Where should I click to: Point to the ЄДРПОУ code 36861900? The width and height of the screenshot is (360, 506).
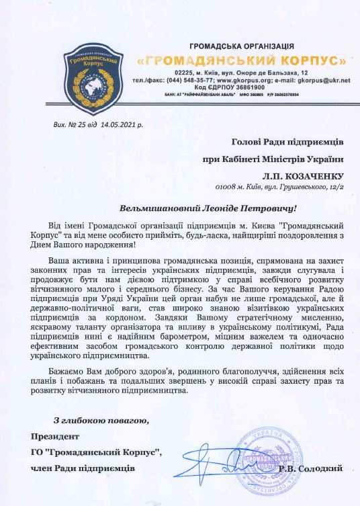click(x=253, y=87)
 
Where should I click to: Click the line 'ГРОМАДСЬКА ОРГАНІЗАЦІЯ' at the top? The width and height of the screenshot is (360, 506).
click(x=242, y=45)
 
